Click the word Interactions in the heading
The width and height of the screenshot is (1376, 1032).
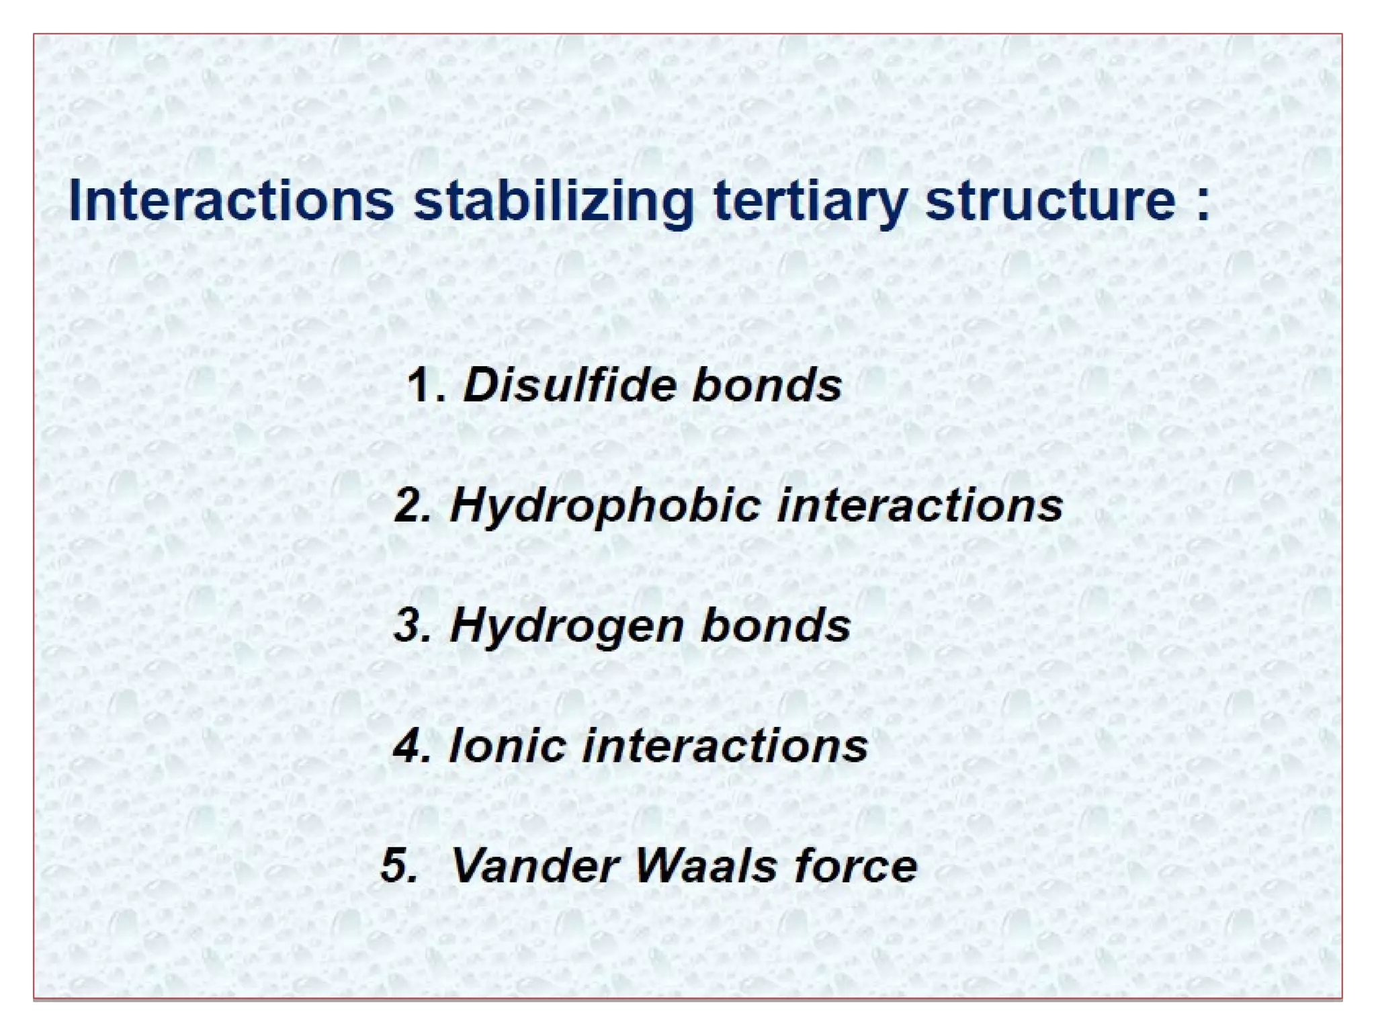pyautogui.click(x=230, y=201)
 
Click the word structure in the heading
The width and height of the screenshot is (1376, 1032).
pyautogui.click(x=1050, y=201)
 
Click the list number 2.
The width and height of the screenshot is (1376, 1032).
pyautogui.click(x=411, y=505)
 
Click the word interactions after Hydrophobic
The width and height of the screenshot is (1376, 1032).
pyautogui.click(x=920, y=505)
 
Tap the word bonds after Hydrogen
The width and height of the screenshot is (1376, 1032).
pyautogui.click(x=775, y=625)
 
